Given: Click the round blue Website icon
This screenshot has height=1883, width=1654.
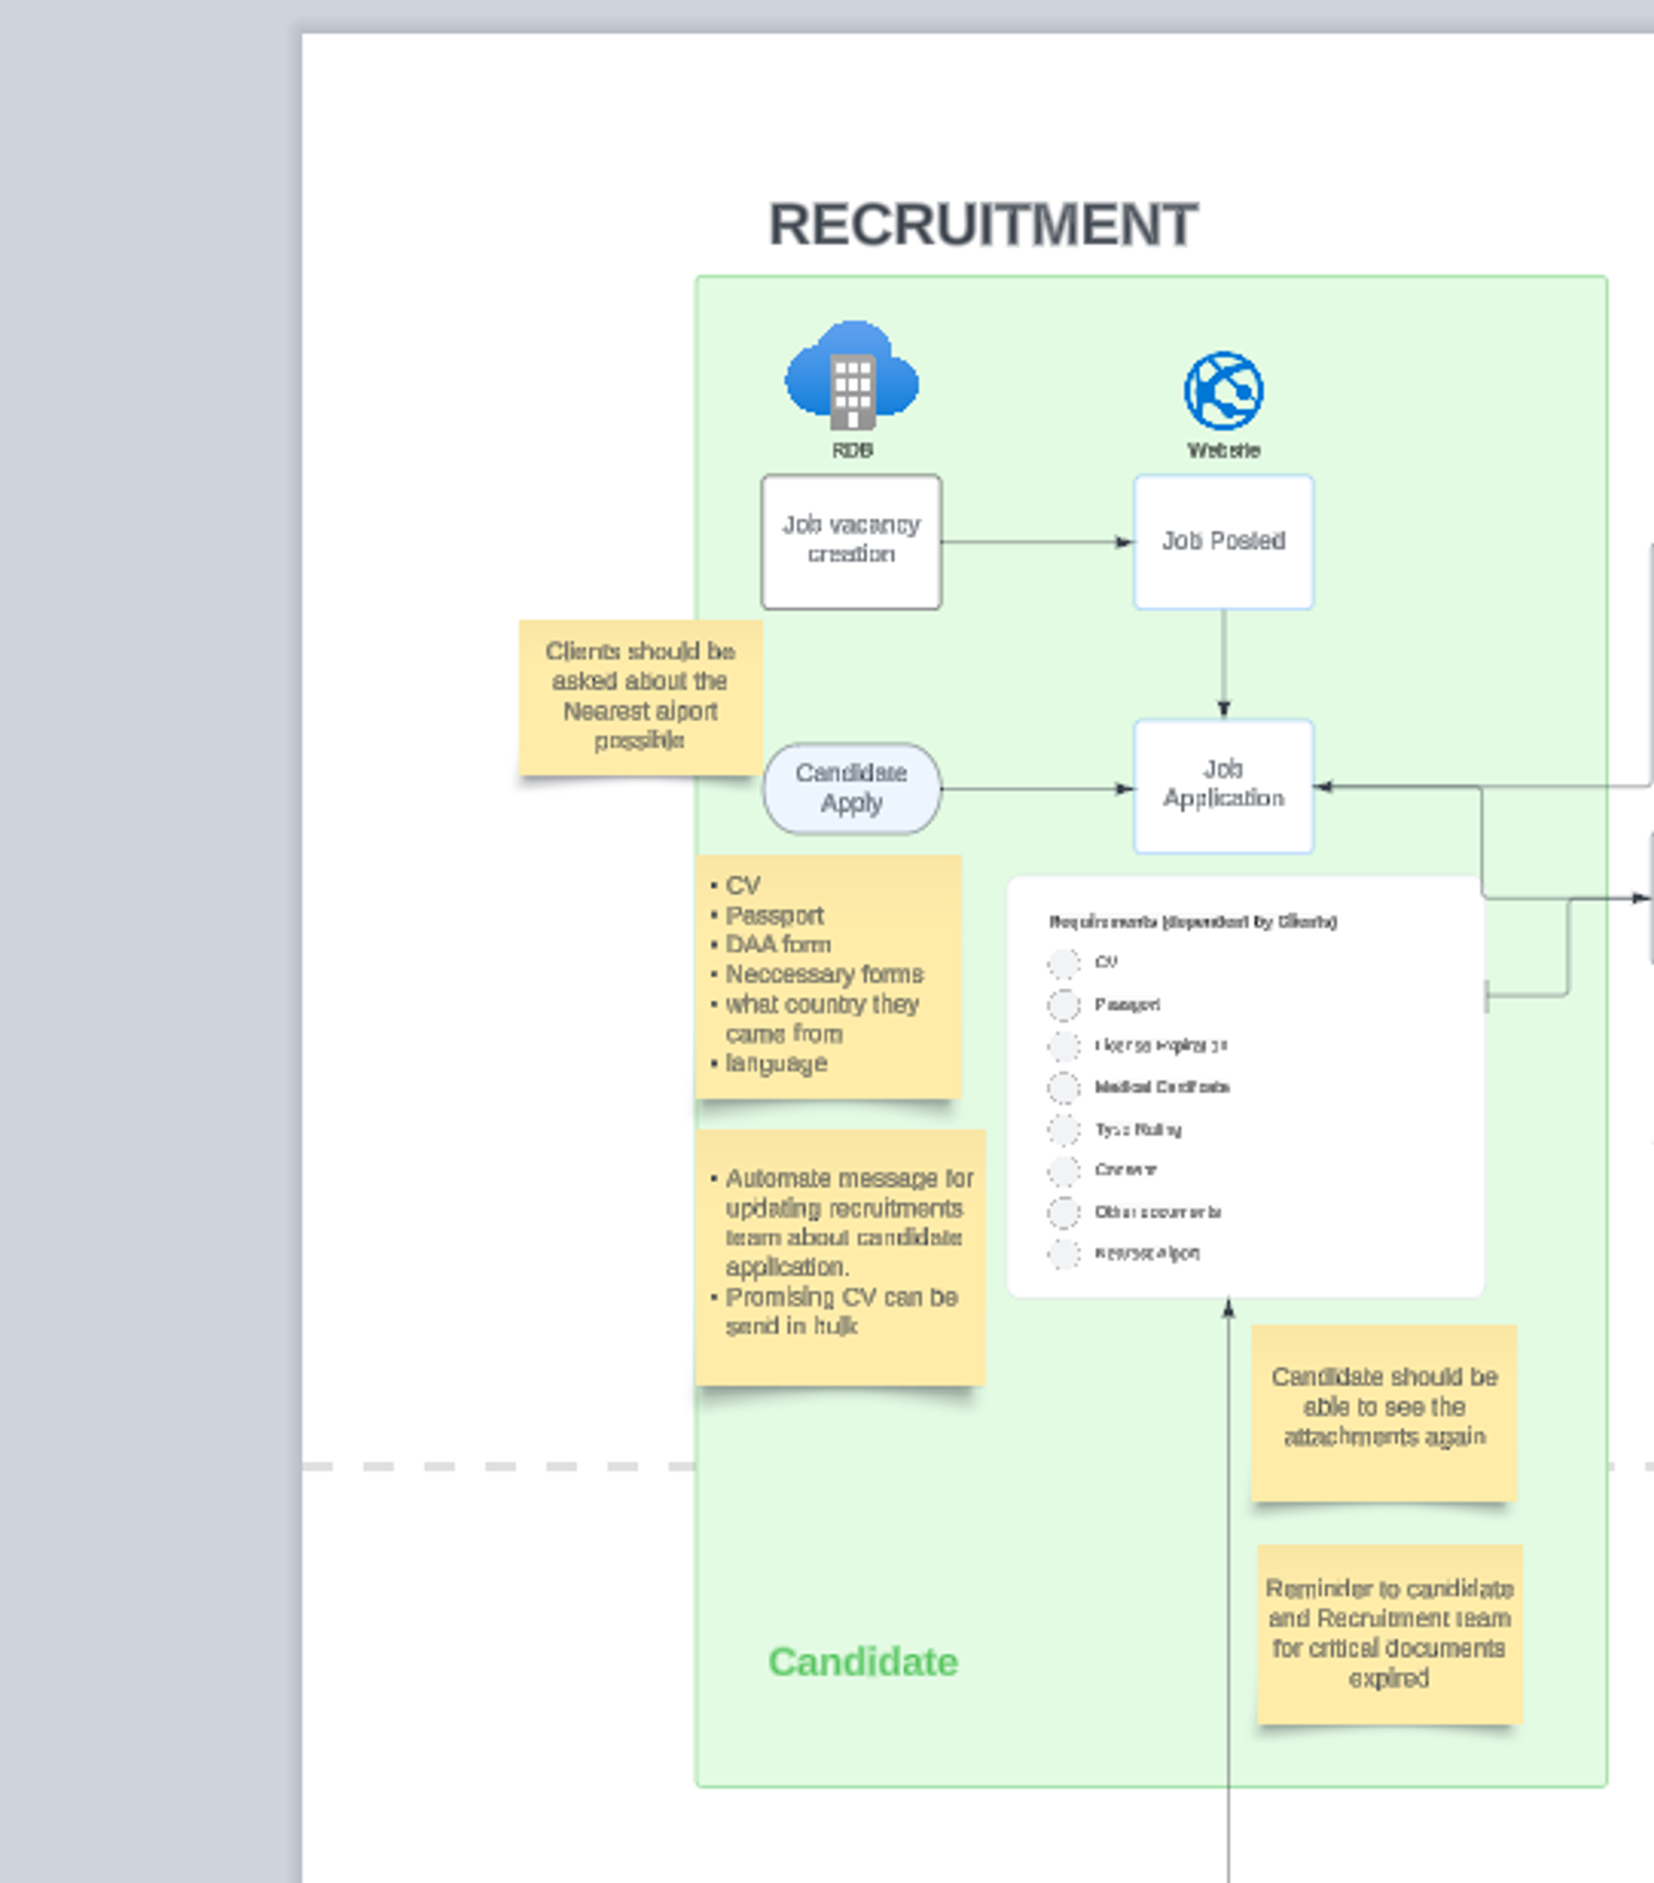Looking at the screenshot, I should (x=1223, y=391).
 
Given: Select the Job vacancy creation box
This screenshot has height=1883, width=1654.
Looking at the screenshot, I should (x=851, y=541).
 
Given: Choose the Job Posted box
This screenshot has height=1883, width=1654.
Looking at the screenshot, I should (x=1223, y=541).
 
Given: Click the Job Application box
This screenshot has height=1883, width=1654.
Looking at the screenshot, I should (x=1223, y=785).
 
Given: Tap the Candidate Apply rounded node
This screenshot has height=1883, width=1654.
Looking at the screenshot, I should (x=851, y=789).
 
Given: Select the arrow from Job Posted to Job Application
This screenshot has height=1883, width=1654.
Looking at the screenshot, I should (x=1224, y=663).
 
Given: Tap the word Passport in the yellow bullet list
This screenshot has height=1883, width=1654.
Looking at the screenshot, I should (x=774, y=916).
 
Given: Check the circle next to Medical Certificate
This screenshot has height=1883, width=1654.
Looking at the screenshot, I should (x=1064, y=1088).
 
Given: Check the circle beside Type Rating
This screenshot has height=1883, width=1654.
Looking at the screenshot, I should (x=1064, y=1130).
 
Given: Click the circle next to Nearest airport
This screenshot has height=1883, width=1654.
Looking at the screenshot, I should (x=1064, y=1254).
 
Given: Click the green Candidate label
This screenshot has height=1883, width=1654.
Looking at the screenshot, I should (x=863, y=1662).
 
